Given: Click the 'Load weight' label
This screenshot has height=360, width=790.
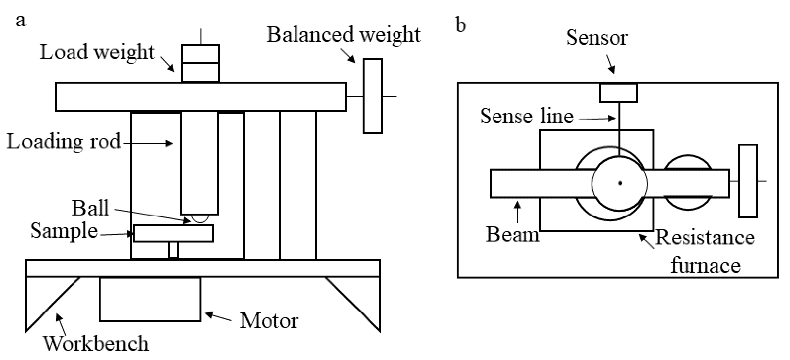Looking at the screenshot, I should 97,52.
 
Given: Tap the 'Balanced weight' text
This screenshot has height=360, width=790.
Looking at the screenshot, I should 343,35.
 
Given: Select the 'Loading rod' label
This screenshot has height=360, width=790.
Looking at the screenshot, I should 64,142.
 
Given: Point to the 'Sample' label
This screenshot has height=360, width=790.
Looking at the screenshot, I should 64,231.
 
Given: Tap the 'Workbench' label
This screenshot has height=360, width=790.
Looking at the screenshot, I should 96,344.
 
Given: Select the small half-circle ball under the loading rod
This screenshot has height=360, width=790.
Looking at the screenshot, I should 200,218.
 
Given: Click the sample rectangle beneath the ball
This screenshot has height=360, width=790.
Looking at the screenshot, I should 173,234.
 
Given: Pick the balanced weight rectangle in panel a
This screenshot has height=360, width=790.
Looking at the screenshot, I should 373,96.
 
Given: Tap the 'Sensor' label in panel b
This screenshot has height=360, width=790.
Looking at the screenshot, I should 597,38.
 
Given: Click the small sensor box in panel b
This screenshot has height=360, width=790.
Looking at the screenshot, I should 618,93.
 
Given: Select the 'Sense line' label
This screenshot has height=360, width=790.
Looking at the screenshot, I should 527,116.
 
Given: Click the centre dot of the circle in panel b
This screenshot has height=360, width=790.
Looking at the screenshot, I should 620,183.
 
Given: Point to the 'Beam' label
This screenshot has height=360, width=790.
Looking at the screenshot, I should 512,235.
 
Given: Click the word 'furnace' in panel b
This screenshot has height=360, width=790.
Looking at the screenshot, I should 705,265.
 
